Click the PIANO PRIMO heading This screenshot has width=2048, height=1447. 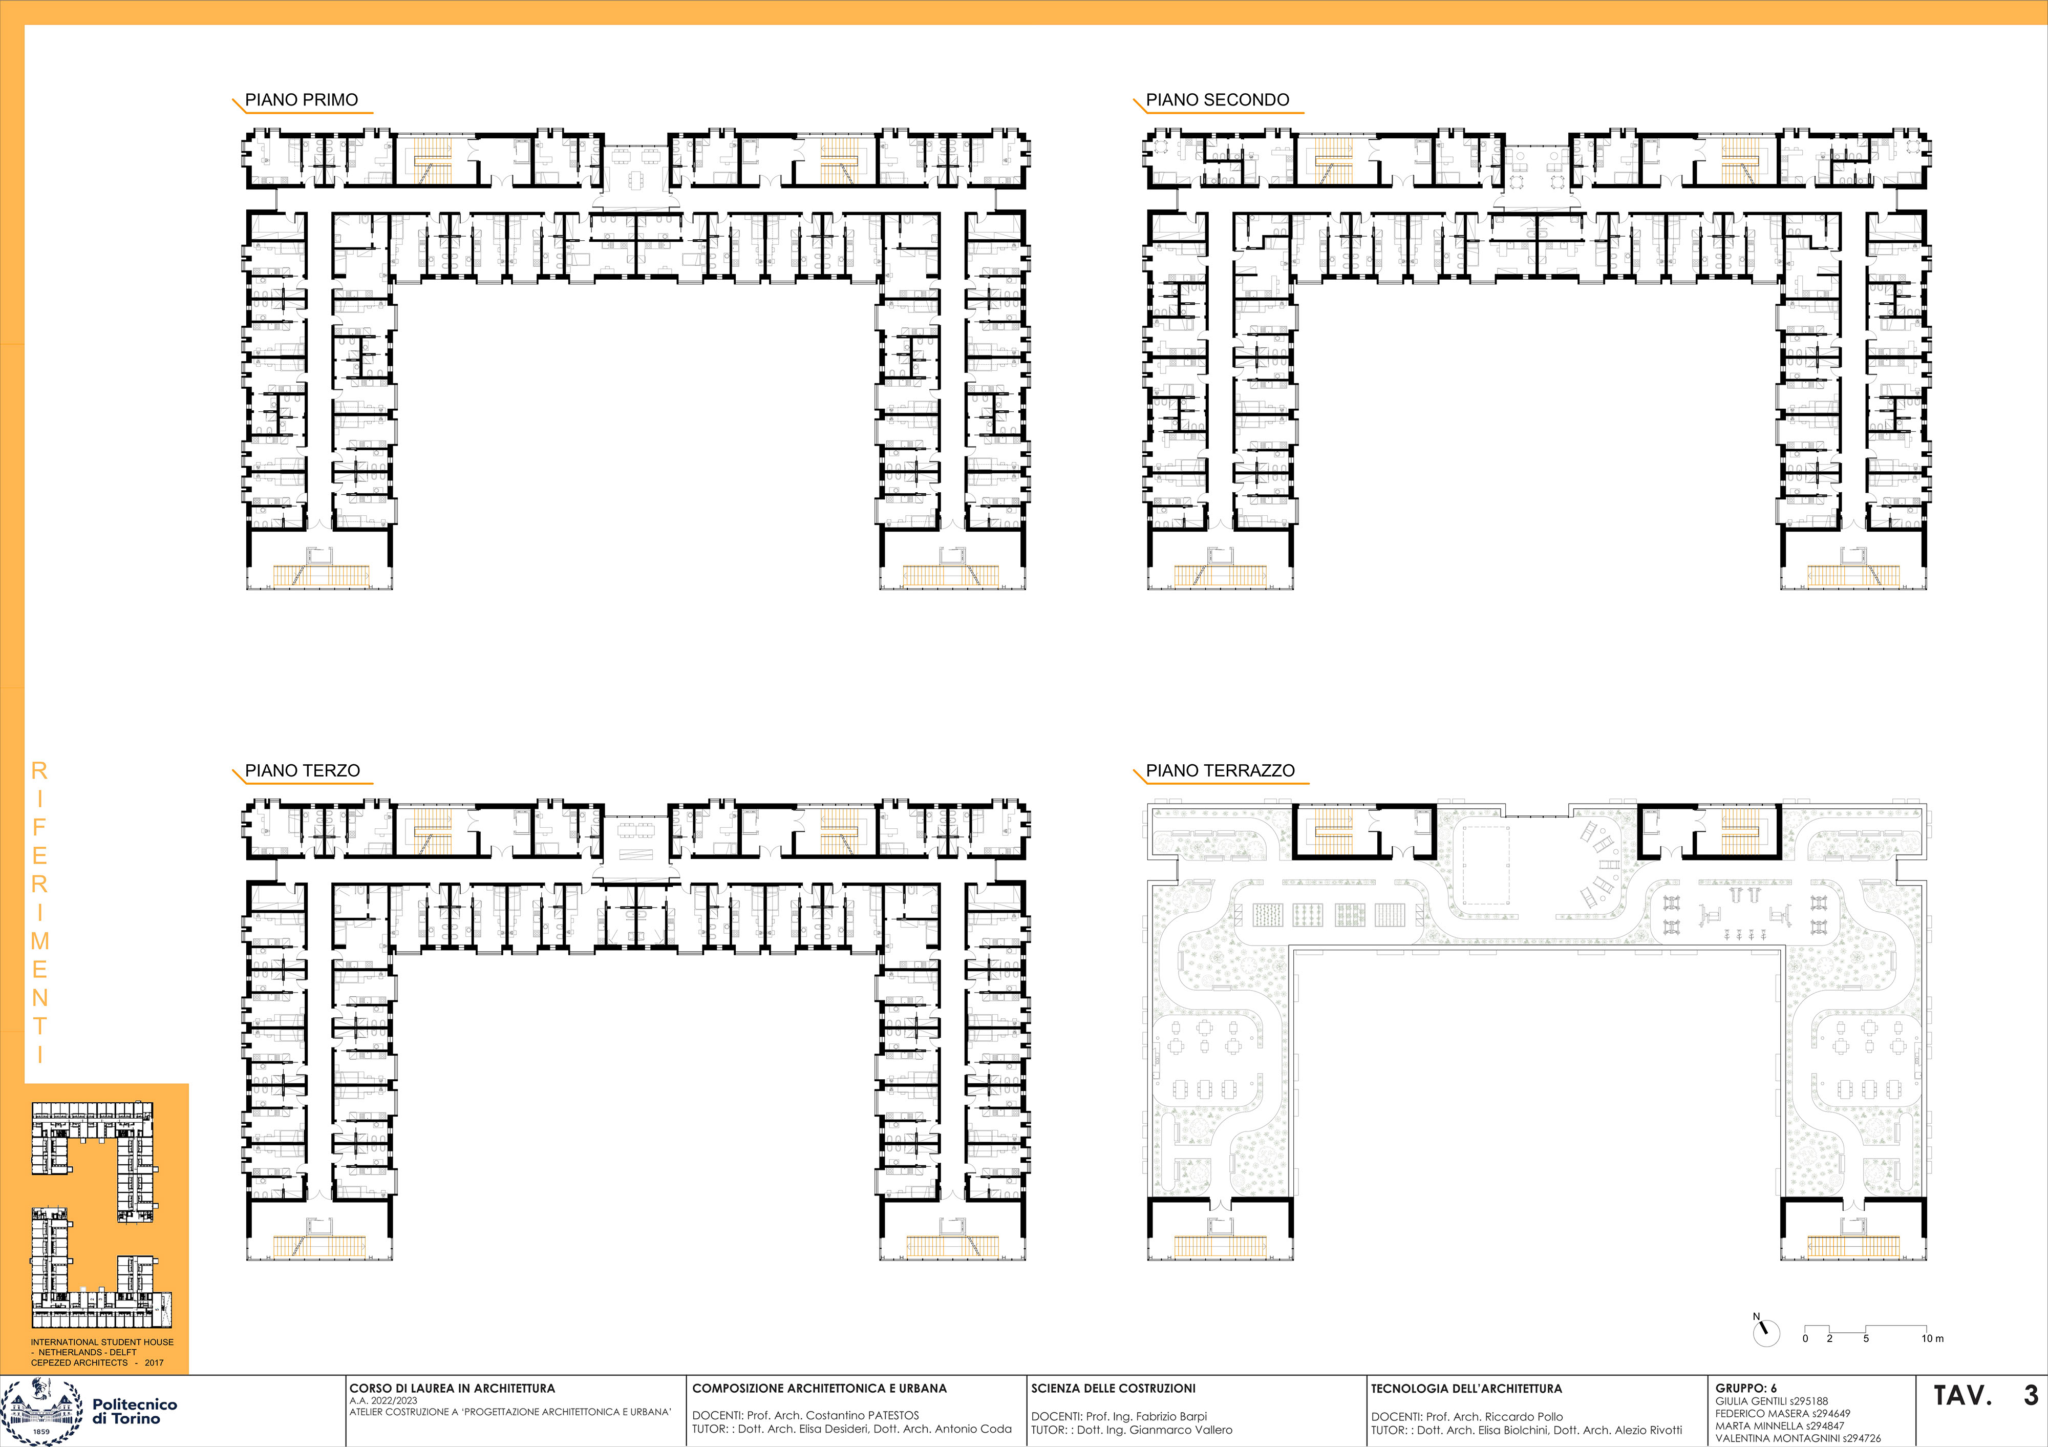click(x=302, y=100)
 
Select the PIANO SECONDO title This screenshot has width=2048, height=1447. click(x=1218, y=100)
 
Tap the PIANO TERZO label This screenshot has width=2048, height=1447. click(x=303, y=771)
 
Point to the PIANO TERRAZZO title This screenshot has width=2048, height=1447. click(x=1220, y=771)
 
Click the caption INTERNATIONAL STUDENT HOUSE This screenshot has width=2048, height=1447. click(x=102, y=1341)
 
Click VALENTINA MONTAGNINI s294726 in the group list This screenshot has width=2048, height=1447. click(x=1798, y=1438)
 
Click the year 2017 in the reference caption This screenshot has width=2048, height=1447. click(x=154, y=1362)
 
